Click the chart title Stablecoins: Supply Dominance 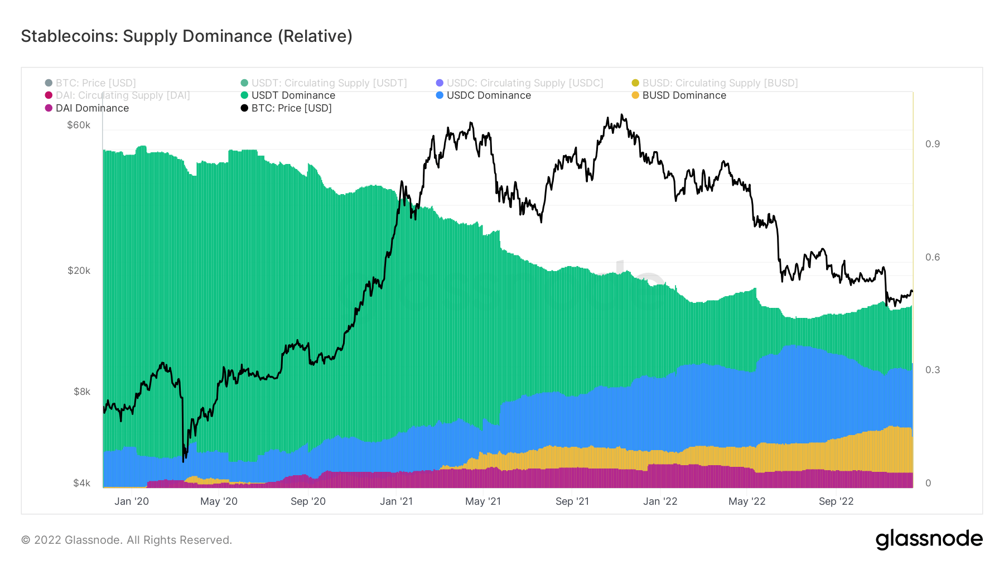pos(186,36)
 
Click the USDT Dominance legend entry pos(293,95)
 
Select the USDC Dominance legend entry pos(488,95)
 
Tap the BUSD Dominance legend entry pos(683,95)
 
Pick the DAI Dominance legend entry pos(91,108)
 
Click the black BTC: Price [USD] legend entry pos(291,108)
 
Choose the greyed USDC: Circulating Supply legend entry pos(524,83)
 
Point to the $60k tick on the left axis pos(79,125)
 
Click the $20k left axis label pos(79,271)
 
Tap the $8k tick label pos(81,392)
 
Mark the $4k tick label pos(81,483)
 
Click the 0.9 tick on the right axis pos(932,144)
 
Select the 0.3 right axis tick pos(932,370)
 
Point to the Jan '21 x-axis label pos(396,501)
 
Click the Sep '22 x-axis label pos(836,501)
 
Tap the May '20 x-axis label pos(219,501)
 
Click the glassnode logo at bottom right pos(929,539)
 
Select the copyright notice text pos(127,540)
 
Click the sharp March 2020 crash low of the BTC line pos(183,461)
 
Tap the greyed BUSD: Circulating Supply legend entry pos(720,83)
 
